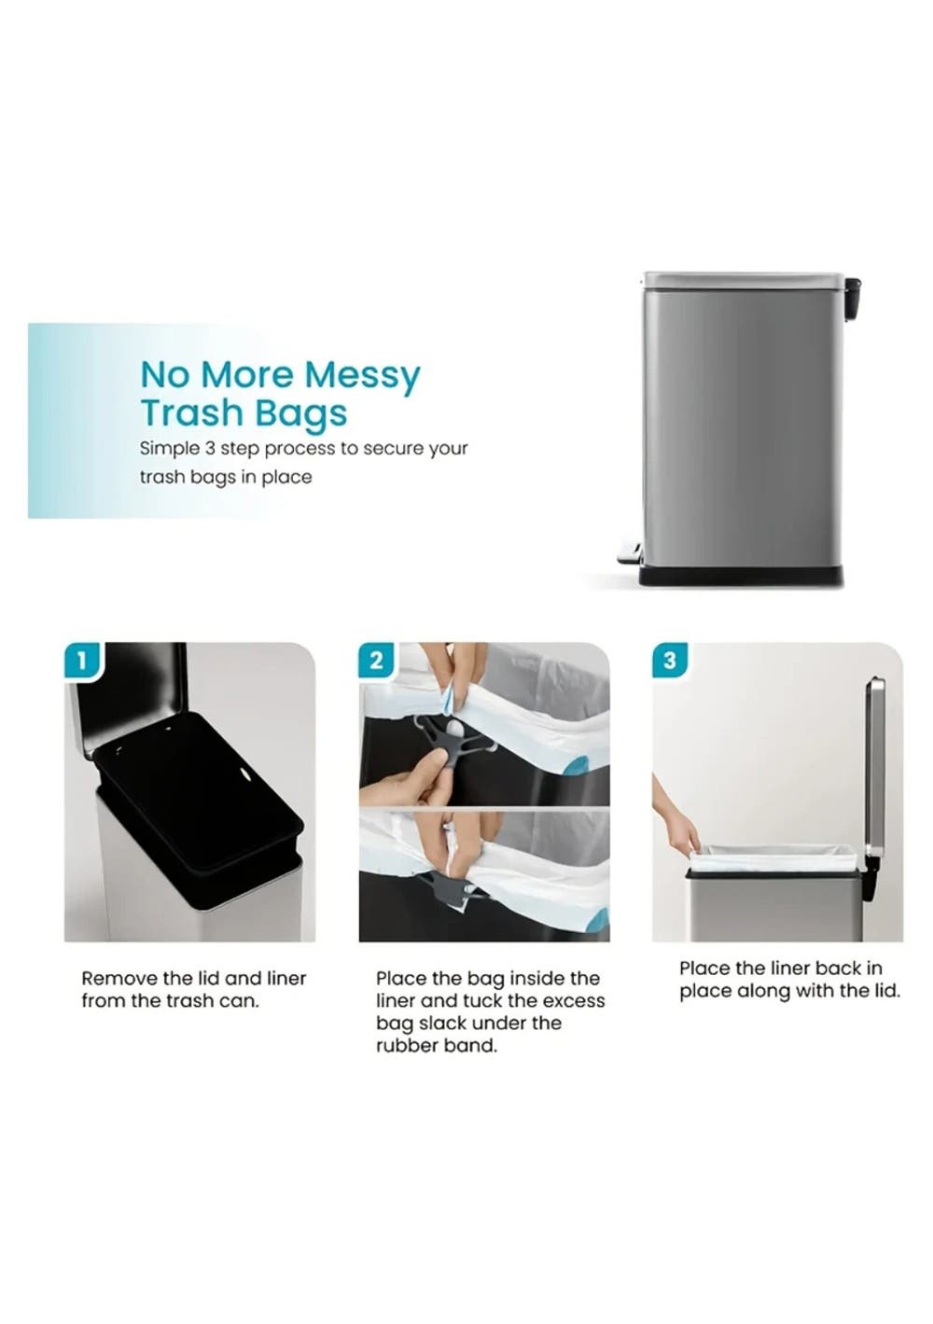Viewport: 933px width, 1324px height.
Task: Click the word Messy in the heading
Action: tap(362, 376)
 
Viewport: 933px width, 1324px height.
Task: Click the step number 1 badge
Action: tap(83, 660)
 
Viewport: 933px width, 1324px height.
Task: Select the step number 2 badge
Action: tap(376, 660)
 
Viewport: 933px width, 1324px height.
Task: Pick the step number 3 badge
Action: tap(669, 660)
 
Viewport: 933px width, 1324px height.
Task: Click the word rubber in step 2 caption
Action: tap(404, 1046)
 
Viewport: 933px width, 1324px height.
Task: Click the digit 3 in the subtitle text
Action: tap(209, 449)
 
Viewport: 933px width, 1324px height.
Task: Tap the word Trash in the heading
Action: tap(190, 413)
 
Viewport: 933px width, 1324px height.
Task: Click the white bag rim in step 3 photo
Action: tap(773, 858)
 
